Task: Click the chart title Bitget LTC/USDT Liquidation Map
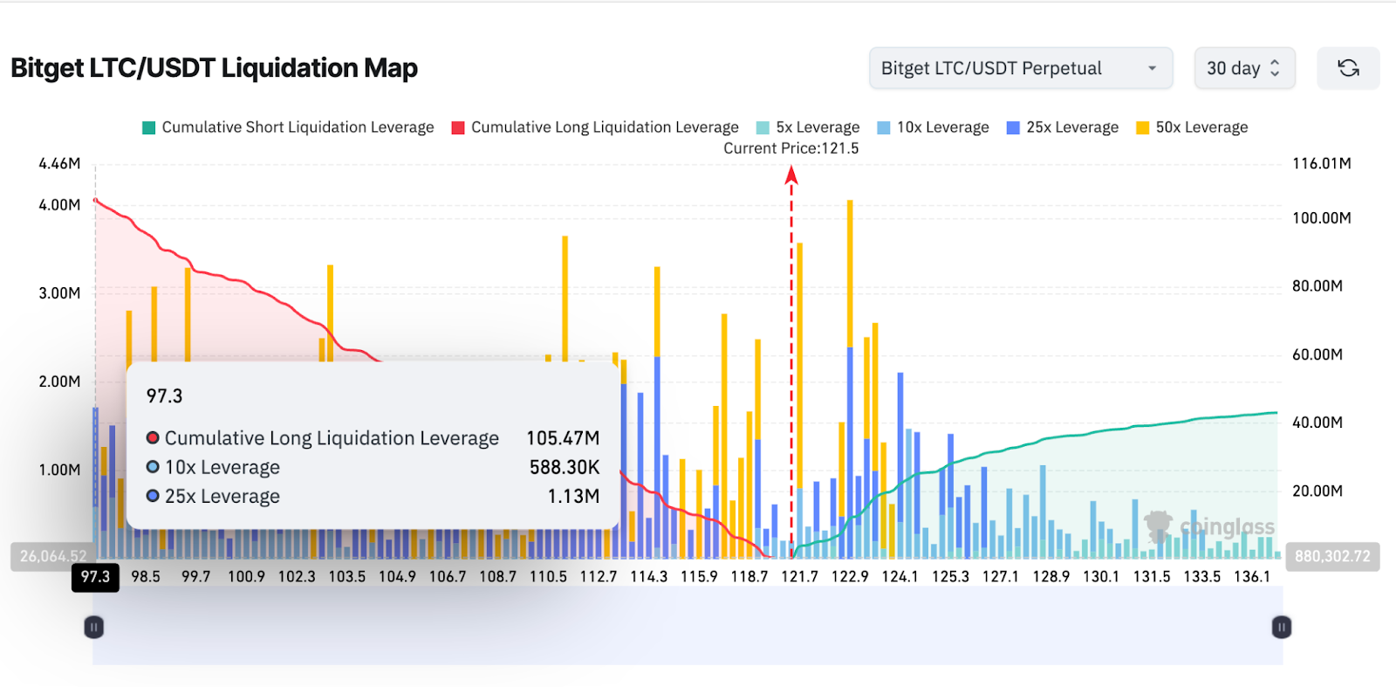pos(214,68)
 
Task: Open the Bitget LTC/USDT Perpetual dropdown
pos(1020,68)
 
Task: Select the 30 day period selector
pos(1243,68)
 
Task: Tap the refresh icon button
pos(1348,68)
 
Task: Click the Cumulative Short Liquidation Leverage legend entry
pos(288,127)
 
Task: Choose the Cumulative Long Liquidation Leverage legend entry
pos(595,127)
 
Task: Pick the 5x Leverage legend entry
pos(808,127)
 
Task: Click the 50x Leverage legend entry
pos(1192,127)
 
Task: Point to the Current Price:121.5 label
pos(790,148)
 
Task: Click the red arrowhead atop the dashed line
pos(791,175)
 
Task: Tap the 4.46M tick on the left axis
pos(59,163)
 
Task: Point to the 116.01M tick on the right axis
pos(1321,163)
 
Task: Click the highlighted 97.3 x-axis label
pos(95,577)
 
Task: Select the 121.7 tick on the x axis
pos(799,577)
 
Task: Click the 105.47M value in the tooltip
pos(563,438)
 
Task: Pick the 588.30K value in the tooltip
pos(564,468)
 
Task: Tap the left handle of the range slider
pos(93,627)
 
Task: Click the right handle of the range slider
pos(1281,627)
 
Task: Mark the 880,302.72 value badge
pos(1331,556)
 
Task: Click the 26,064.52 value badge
pos(53,556)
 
